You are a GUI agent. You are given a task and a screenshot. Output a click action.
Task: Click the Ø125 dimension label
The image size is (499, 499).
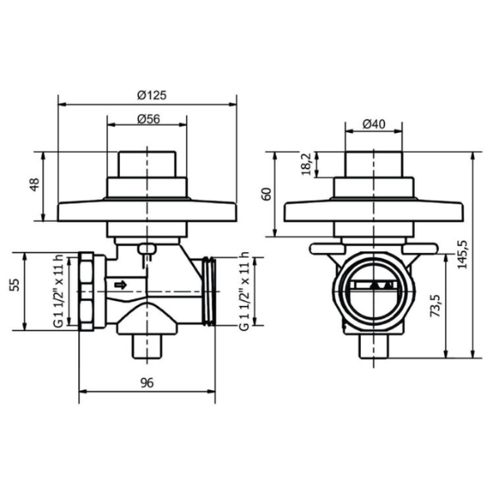coord(152,95)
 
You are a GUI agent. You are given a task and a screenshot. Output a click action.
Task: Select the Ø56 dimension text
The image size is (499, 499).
coord(149,119)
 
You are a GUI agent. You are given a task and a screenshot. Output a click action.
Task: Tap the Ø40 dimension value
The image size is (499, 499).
coord(374,124)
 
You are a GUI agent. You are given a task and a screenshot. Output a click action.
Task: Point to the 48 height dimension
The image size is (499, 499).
coord(34,185)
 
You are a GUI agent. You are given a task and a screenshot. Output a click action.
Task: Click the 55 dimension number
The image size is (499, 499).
coord(15,284)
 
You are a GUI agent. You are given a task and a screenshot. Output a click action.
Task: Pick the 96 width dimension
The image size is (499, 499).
coord(147,383)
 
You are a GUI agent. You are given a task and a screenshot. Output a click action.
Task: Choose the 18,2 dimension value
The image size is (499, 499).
coord(307,164)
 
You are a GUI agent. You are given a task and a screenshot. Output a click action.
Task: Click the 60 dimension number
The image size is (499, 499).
coord(266,194)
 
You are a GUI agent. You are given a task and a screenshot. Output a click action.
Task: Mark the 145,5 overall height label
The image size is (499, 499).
coord(462,254)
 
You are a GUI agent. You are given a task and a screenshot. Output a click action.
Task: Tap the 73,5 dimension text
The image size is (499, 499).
coord(435,306)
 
